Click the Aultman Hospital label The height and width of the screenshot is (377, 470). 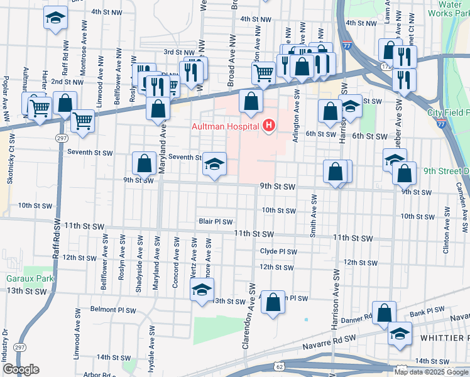(x=226, y=126)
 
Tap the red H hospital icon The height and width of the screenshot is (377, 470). (x=269, y=126)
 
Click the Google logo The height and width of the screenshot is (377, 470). (x=21, y=369)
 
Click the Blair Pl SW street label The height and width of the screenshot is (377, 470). (x=216, y=222)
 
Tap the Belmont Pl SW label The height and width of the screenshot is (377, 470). (x=112, y=309)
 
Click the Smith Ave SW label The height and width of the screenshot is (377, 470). (x=313, y=215)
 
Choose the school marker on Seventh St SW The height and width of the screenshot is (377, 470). (x=214, y=165)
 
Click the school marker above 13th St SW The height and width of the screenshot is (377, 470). (x=202, y=291)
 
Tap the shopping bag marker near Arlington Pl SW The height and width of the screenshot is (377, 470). (x=273, y=303)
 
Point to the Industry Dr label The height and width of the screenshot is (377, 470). (x=5, y=342)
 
